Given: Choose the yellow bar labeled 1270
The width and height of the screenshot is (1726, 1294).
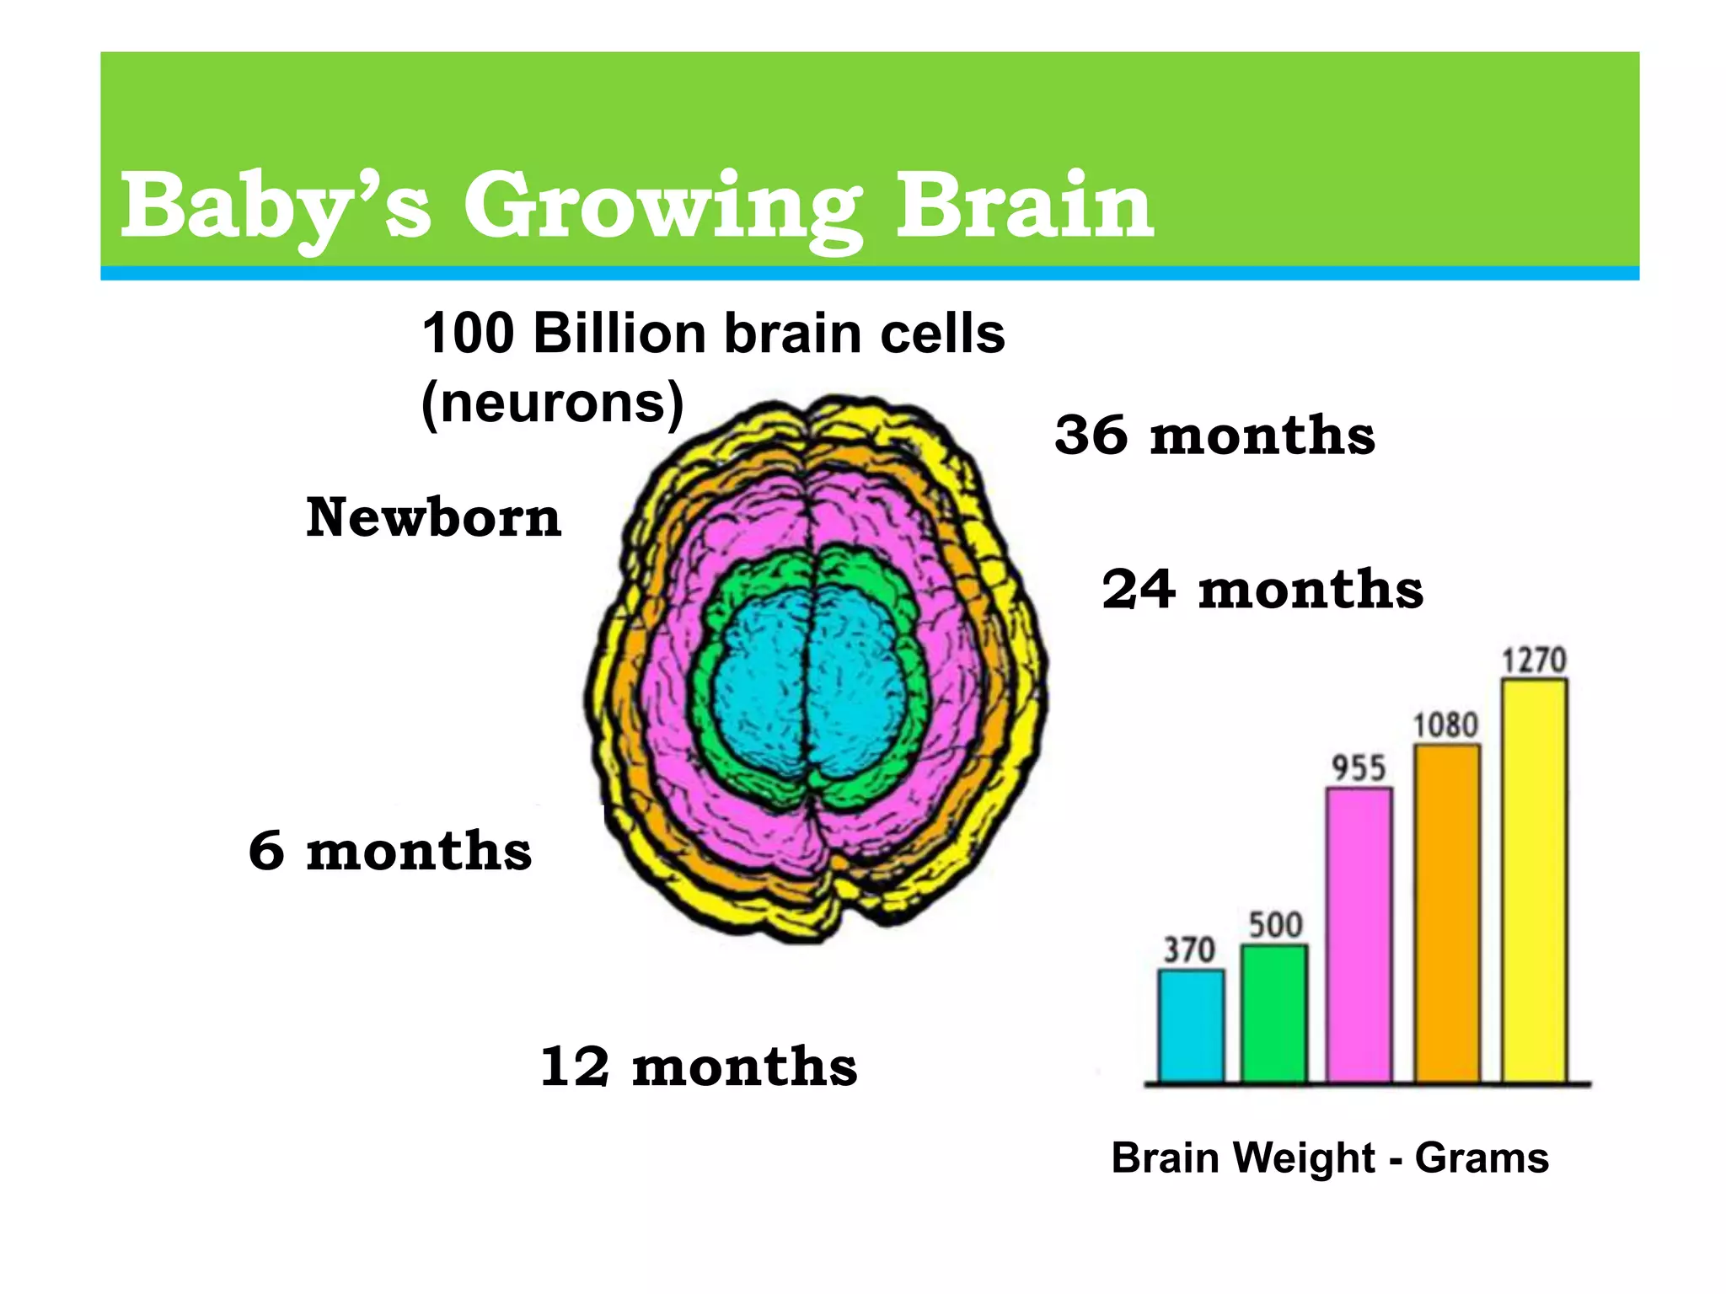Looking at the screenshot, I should (x=1534, y=880).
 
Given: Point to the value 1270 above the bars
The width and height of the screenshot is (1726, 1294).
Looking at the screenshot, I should (x=1534, y=660).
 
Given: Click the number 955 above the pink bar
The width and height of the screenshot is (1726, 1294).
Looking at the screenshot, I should (x=1359, y=768).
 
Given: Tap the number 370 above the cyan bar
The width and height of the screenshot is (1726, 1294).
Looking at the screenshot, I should (x=1189, y=950).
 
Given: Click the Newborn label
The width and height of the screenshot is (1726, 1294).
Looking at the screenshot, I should (x=433, y=517).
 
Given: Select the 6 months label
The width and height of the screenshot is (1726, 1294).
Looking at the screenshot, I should (x=390, y=850).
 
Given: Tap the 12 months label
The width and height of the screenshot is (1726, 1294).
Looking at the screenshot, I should (x=698, y=1067).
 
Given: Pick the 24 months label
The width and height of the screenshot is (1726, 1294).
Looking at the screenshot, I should (x=1262, y=589).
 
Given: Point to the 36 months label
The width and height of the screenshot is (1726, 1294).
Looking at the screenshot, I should (x=1214, y=436).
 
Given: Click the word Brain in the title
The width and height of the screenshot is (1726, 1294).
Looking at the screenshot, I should (x=1024, y=206).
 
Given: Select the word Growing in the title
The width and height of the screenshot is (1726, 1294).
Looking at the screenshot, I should (x=662, y=207).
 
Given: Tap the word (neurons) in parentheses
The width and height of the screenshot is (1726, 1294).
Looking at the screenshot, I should (x=552, y=404).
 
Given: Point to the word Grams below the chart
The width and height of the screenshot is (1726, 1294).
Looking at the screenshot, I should (x=1481, y=1158).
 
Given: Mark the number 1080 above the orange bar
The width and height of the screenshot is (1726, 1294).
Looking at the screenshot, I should (x=1445, y=725).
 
